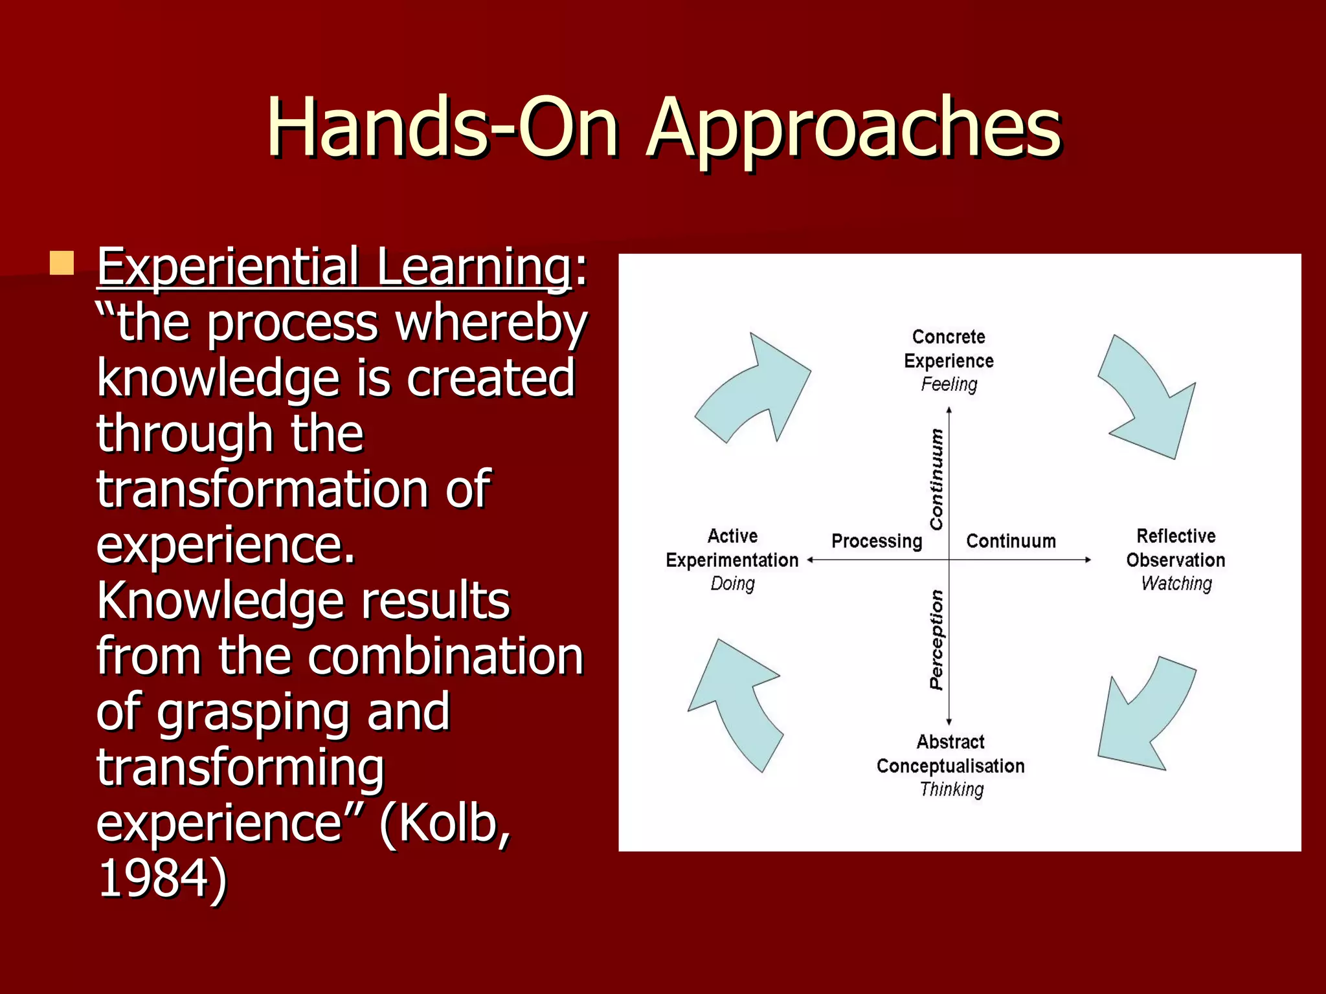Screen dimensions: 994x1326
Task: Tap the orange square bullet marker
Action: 62,263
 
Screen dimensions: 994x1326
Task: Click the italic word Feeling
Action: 949,384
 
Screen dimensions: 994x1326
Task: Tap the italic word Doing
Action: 732,584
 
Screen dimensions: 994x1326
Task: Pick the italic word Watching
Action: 1176,584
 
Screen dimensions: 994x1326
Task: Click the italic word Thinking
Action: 951,790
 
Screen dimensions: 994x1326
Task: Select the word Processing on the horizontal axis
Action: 877,541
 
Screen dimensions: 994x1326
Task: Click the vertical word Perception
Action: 936,639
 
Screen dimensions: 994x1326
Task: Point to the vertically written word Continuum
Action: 936,479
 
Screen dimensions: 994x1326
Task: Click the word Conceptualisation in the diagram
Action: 950,766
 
